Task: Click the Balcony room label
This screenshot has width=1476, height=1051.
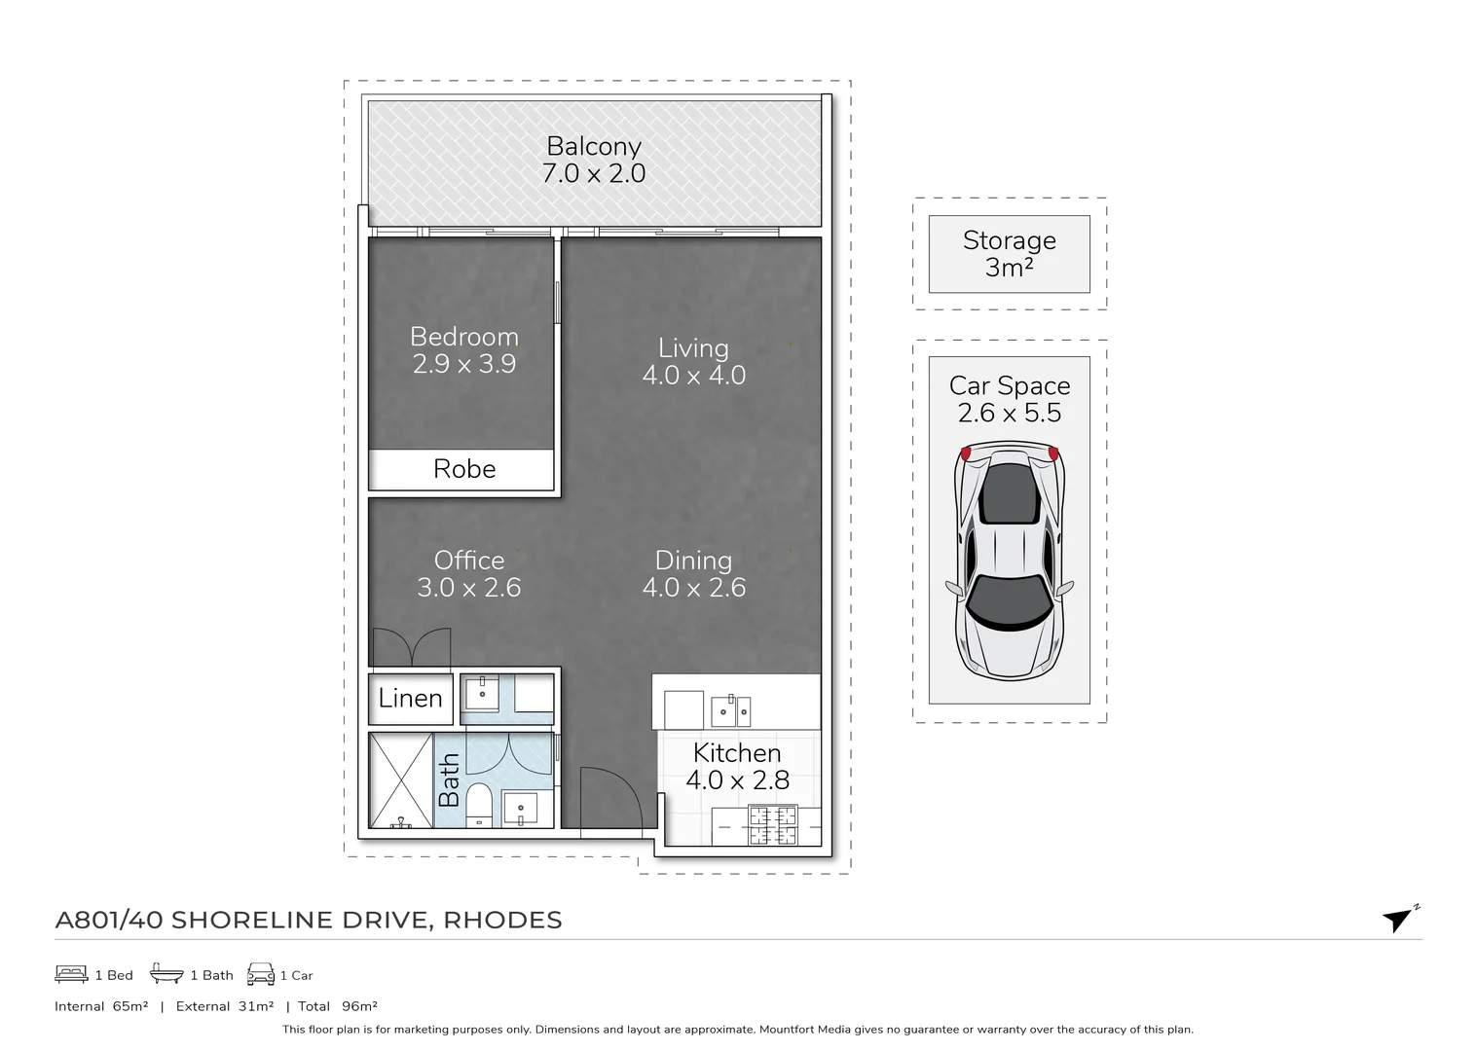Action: click(593, 146)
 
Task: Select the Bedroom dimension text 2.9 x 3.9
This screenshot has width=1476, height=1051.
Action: click(463, 364)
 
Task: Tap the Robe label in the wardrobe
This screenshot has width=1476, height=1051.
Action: click(464, 469)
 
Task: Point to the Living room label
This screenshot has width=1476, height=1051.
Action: click(693, 348)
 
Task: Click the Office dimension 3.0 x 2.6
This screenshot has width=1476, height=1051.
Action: click(468, 588)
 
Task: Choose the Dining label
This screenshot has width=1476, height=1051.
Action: click(693, 561)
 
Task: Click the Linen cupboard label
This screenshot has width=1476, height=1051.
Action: click(410, 699)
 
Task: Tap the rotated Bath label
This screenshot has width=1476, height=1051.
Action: click(449, 780)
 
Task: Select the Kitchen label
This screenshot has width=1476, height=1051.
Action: click(737, 753)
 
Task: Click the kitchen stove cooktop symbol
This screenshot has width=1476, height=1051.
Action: click(772, 825)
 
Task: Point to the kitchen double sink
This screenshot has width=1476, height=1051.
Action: click(730, 711)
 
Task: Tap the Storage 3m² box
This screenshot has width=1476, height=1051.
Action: click(1009, 254)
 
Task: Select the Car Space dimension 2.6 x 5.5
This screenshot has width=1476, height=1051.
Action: click(1010, 413)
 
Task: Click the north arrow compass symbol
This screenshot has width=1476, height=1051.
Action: click(1397, 919)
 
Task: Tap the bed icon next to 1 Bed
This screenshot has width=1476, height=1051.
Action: click(71, 974)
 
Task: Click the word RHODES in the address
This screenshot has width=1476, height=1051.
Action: click(502, 920)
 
